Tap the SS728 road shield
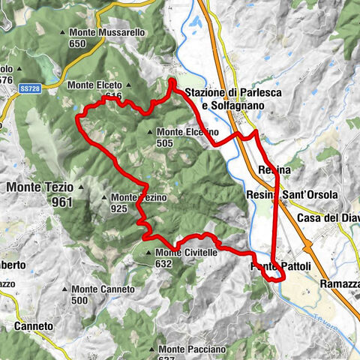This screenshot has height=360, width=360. click(29, 88)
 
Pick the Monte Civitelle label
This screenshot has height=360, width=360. click(186, 253)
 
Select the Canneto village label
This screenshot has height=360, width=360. click(34, 327)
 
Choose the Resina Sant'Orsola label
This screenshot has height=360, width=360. click(292, 196)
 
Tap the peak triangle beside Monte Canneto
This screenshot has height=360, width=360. click(67, 289)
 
